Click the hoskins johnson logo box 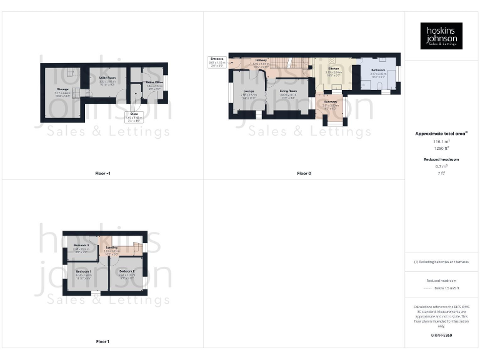coord(441,36)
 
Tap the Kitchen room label coord(334,69)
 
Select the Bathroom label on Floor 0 coord(378,70)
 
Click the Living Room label coord(288,91)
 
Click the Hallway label coord(261,61)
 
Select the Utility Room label coord(107,78)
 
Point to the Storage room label coord(62,89)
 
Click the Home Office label coord(154,82)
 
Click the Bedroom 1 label coord(83,271)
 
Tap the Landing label coord(112,247)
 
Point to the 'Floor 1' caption coord(102,341)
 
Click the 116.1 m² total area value coord(441,142)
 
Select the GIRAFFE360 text coord(441,336)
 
